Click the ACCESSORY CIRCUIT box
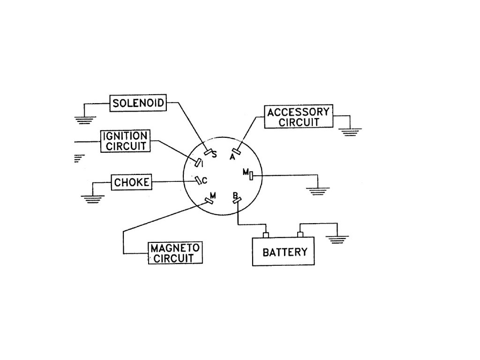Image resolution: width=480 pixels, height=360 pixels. point(298,117)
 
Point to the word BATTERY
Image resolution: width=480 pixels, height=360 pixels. point(285,252)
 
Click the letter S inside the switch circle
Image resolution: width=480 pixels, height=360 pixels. point(215,156)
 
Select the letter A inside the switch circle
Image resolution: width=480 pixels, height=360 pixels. point(232,157)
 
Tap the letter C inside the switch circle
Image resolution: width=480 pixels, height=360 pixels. point(204,179)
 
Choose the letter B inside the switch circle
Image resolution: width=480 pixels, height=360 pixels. point(235,195)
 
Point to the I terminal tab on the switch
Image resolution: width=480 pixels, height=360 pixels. point(198,163)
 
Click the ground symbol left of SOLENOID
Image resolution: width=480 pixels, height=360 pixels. point(85,120)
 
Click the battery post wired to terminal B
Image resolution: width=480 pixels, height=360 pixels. point(266,234)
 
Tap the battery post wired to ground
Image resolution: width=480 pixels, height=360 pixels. point(300,234)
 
